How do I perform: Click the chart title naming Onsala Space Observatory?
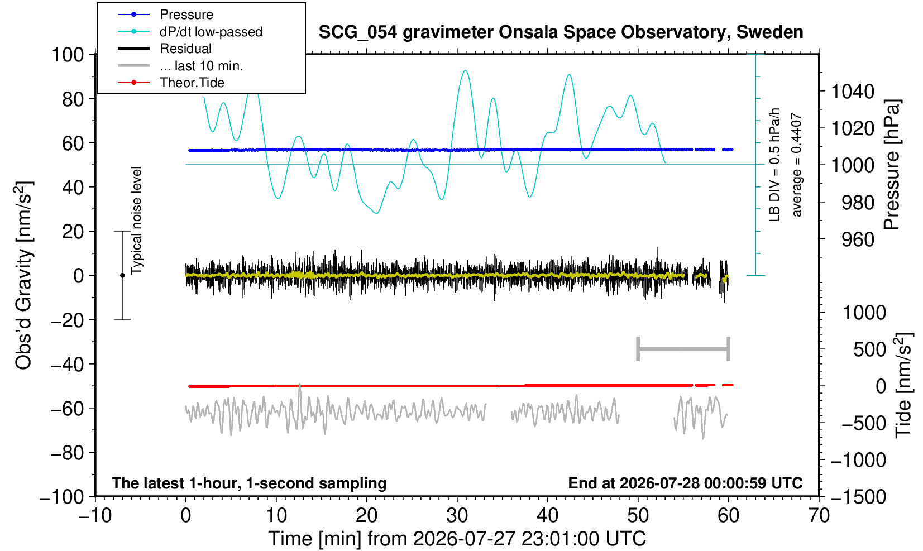pyautogui.click(x=561, y=32)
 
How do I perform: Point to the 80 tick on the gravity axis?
pyautogui.click(x=73, y=99)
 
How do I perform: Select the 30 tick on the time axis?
pyautogui.click(x=457, y=515)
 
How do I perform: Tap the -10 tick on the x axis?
pyautogui.click(x=95, y=515)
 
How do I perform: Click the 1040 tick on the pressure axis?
pyautogui.click(x=853, y=92)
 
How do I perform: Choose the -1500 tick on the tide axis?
pyautogui.click(x=858, y=497)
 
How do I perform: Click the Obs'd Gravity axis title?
pyautogui.click(x=23, y=275)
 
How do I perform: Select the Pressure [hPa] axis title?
pyautogui.click(x=892, y=165)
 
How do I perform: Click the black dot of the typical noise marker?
pyautogui.click(x=122, y=275)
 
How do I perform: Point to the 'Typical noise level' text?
pyautogui.click(x=136, y=221)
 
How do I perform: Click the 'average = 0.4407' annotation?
pyautogui.click(x=796, y=165)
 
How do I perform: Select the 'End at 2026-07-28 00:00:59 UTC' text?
pyautogui.click(x=685, y=483)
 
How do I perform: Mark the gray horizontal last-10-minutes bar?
pyautogui.click(x=683, y=349)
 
